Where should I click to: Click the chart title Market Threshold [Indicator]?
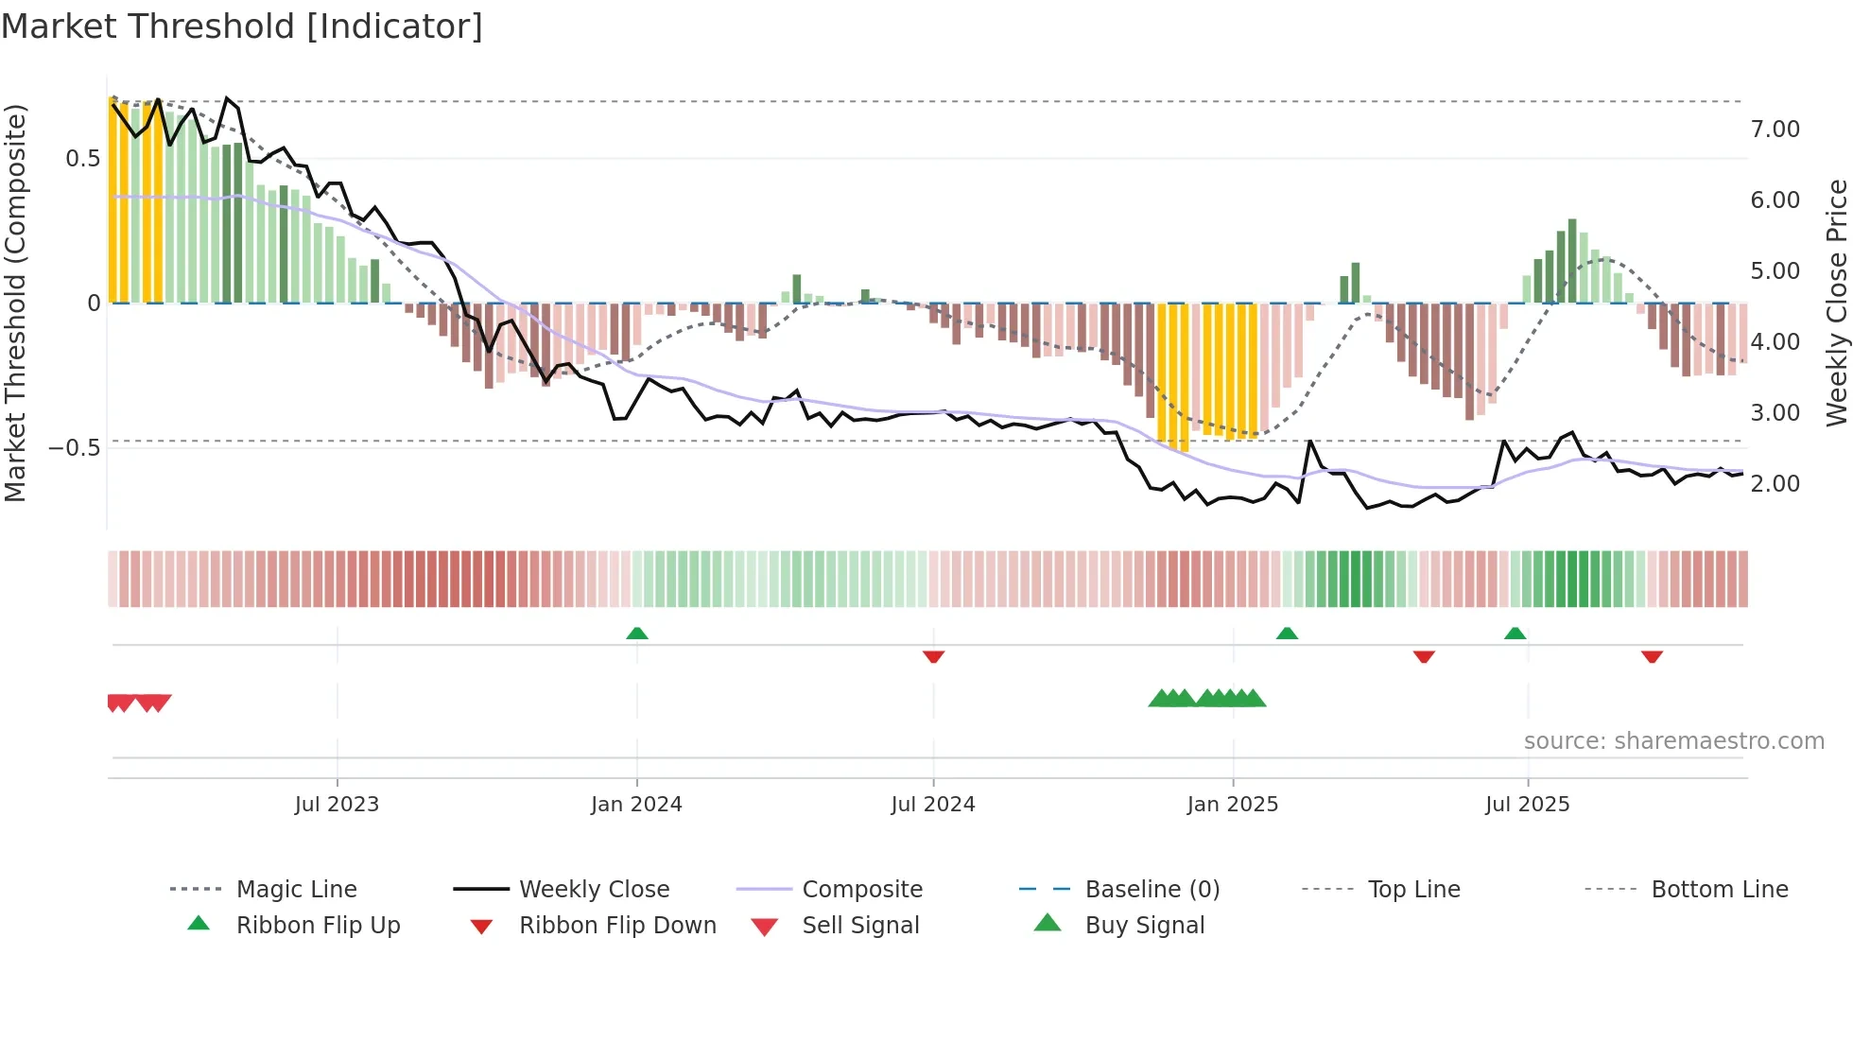(x=242, y=26)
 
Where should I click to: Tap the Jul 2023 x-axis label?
(x=337, y=805)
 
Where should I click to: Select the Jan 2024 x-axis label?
(x=636, y=805)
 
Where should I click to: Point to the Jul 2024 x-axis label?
(x=933, y=805)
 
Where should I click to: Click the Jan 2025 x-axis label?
(x=1233, y=805)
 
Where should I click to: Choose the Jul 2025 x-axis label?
(x=1528, y=805)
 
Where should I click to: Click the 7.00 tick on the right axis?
(x=1775, y=130)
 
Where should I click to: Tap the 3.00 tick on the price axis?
(x=1775, y=413)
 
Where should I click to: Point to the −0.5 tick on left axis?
(x=74, y=448)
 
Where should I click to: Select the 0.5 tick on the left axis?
(x=82, y=159)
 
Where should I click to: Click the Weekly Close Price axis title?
(x=1836, y=303)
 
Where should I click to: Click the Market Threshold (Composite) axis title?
(x=15, y=303)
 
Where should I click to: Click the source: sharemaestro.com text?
(x=1673, y=741)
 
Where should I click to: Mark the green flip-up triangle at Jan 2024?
(x=637, y=634)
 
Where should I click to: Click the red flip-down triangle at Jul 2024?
(x=934, y=656)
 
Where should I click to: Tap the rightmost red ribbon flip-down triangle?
(x=1652, y=656)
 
